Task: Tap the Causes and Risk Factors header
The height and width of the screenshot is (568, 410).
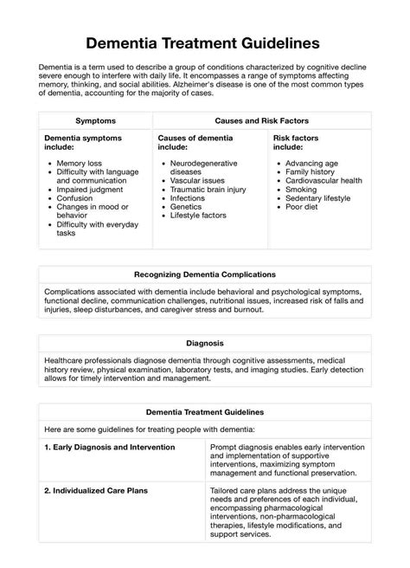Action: pos(261,120)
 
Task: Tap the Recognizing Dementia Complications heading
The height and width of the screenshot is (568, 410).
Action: pos(205,274)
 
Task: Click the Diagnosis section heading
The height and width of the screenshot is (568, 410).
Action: pos(205,343)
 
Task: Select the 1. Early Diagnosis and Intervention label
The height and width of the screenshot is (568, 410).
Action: pos(110,447)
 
